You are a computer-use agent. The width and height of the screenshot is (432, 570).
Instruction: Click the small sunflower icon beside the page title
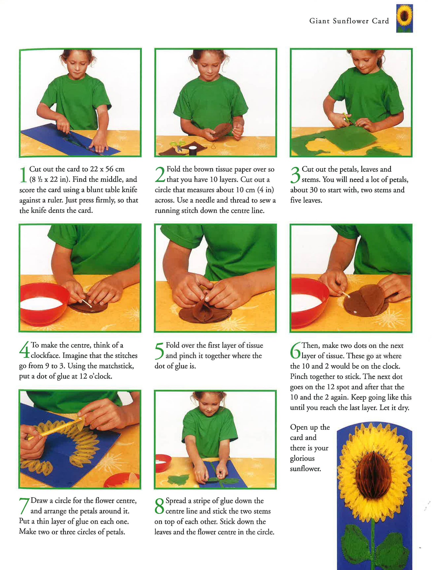[404, 18]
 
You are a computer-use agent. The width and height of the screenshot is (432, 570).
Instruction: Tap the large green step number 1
[23, 175]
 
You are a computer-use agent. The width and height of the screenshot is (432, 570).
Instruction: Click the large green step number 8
[160, 506]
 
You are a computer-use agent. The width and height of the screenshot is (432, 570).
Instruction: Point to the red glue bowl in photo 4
[43, 303]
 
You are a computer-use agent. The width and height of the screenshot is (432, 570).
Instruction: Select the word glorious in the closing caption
[302, 459]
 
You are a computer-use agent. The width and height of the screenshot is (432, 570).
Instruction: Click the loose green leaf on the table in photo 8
[176, 480]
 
